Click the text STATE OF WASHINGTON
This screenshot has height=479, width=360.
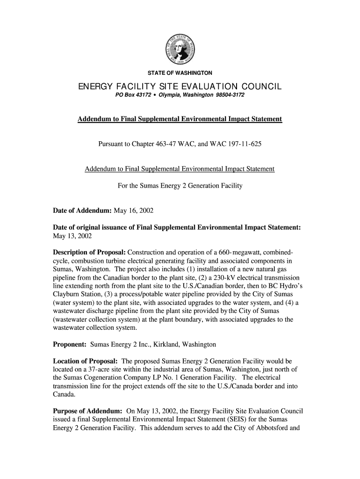pos(180,73)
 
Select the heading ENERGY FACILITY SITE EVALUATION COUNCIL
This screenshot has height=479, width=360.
pos(180,87)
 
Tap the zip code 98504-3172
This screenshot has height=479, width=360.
pos(230,95)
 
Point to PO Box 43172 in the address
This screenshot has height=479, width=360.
pos(132,95)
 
